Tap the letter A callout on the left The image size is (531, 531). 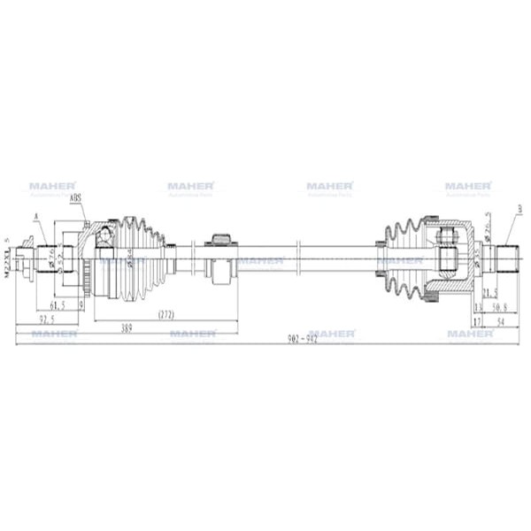36,216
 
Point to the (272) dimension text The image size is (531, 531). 165,314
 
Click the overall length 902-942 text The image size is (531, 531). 301,341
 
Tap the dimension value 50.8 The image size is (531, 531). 500,308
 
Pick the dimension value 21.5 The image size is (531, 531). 489,291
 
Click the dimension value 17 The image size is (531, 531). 477,323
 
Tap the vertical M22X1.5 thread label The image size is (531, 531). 7,258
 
